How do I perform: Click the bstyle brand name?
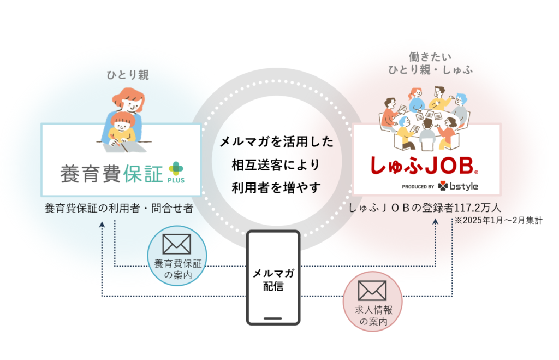click(x=463, y=186)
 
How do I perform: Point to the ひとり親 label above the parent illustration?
click(x=127, y=75)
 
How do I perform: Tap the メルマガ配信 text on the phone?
click(x=273, y=279)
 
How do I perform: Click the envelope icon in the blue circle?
click(x=177, y=244)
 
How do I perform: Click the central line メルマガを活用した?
click(x=276, y=143)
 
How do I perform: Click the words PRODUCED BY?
click(x=418, y=187)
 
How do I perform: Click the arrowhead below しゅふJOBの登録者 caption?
click(x=435, y=222)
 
